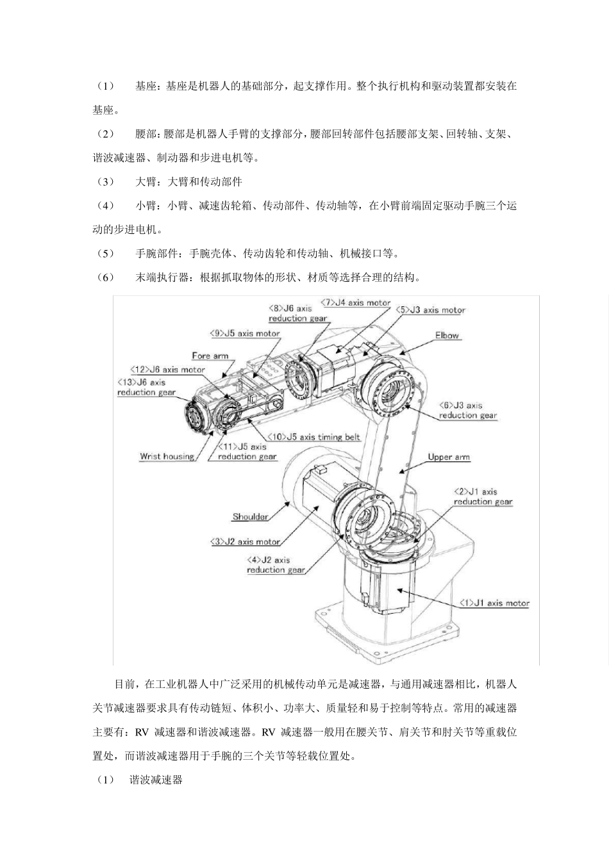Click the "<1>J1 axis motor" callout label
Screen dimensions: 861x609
[x=494, y=603]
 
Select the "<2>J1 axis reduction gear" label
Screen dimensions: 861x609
[x=483, y=496]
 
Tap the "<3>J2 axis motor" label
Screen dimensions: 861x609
[x=245, y=541]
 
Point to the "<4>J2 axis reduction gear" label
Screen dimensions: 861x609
[x=275, y=564]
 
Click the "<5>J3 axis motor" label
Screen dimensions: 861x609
[x=431, y=310]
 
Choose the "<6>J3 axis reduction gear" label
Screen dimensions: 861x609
[x=468, y=410]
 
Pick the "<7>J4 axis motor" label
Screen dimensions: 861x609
[x=355, y=302]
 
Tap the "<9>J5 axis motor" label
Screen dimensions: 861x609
[x=244, y=333]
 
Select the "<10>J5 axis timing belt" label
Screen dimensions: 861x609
[x=313, y=437]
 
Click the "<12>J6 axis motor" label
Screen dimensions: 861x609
[x=167, y=370]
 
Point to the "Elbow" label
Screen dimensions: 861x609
[x=447, y=335]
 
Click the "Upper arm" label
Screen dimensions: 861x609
[x=449, y=457]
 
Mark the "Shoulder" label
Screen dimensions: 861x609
[x=250, y=516]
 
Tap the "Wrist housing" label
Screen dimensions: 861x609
[x=167, y=457]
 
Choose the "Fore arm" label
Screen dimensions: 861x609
[x=210, y=356]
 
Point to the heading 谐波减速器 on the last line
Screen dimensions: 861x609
[x=156, y=780]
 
